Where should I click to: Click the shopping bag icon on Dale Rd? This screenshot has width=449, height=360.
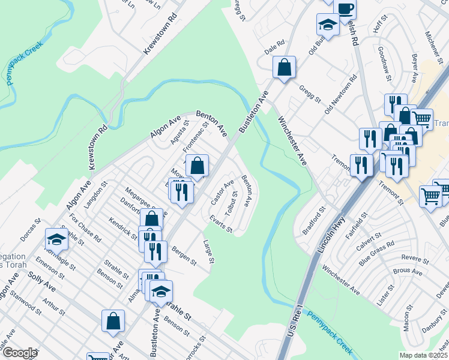pyautogui.click(x=284, y=68)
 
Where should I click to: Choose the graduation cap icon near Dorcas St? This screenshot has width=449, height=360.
pyautogui.click(x=56, y=240)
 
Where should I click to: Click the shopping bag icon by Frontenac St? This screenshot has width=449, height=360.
pyautogui.click(x=197, y=165)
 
